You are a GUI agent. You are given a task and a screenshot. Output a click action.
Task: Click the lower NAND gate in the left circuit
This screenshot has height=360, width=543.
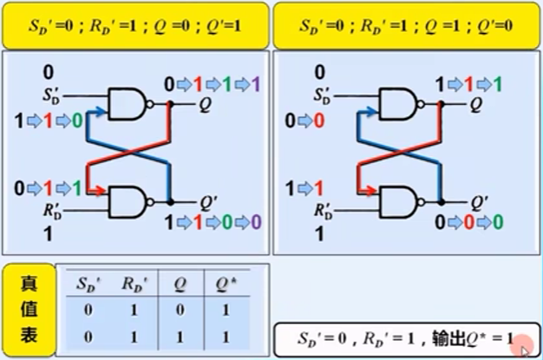coord(128,202)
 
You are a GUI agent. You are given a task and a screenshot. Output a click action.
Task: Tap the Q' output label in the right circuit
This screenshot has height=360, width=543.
coord(478,202)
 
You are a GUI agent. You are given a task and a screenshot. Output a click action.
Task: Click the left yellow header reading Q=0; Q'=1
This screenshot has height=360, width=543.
coord(135,25)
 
